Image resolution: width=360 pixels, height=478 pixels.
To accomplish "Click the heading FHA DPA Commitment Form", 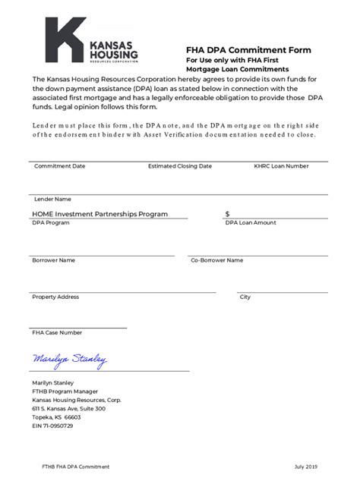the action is tap(248, 50).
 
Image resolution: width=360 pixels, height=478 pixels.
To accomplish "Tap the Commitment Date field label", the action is tap(59, 165).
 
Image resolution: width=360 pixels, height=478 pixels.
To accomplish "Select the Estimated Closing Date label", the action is tap(178, 165).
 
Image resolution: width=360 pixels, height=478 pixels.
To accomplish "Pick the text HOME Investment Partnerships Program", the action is tap(99, 214).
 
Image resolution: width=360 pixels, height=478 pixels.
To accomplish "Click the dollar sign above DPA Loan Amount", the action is tap(227, 214).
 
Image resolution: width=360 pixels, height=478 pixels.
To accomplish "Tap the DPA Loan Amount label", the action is tap(250, 223).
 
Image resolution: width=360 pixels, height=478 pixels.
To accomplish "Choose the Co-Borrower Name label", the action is tap(216, 260).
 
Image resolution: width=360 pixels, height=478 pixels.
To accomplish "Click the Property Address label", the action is tap(55, 297).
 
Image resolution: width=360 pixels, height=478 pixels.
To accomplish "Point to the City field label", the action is tap(245, 297).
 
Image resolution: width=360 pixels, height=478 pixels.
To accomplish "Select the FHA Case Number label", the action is tap(57, 332).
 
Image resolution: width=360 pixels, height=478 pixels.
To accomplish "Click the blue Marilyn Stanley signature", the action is tap(69, 359).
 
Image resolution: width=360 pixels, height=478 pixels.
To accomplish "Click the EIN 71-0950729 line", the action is tap(52, 426).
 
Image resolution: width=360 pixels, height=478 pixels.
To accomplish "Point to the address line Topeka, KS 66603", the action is tap(56, 417).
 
